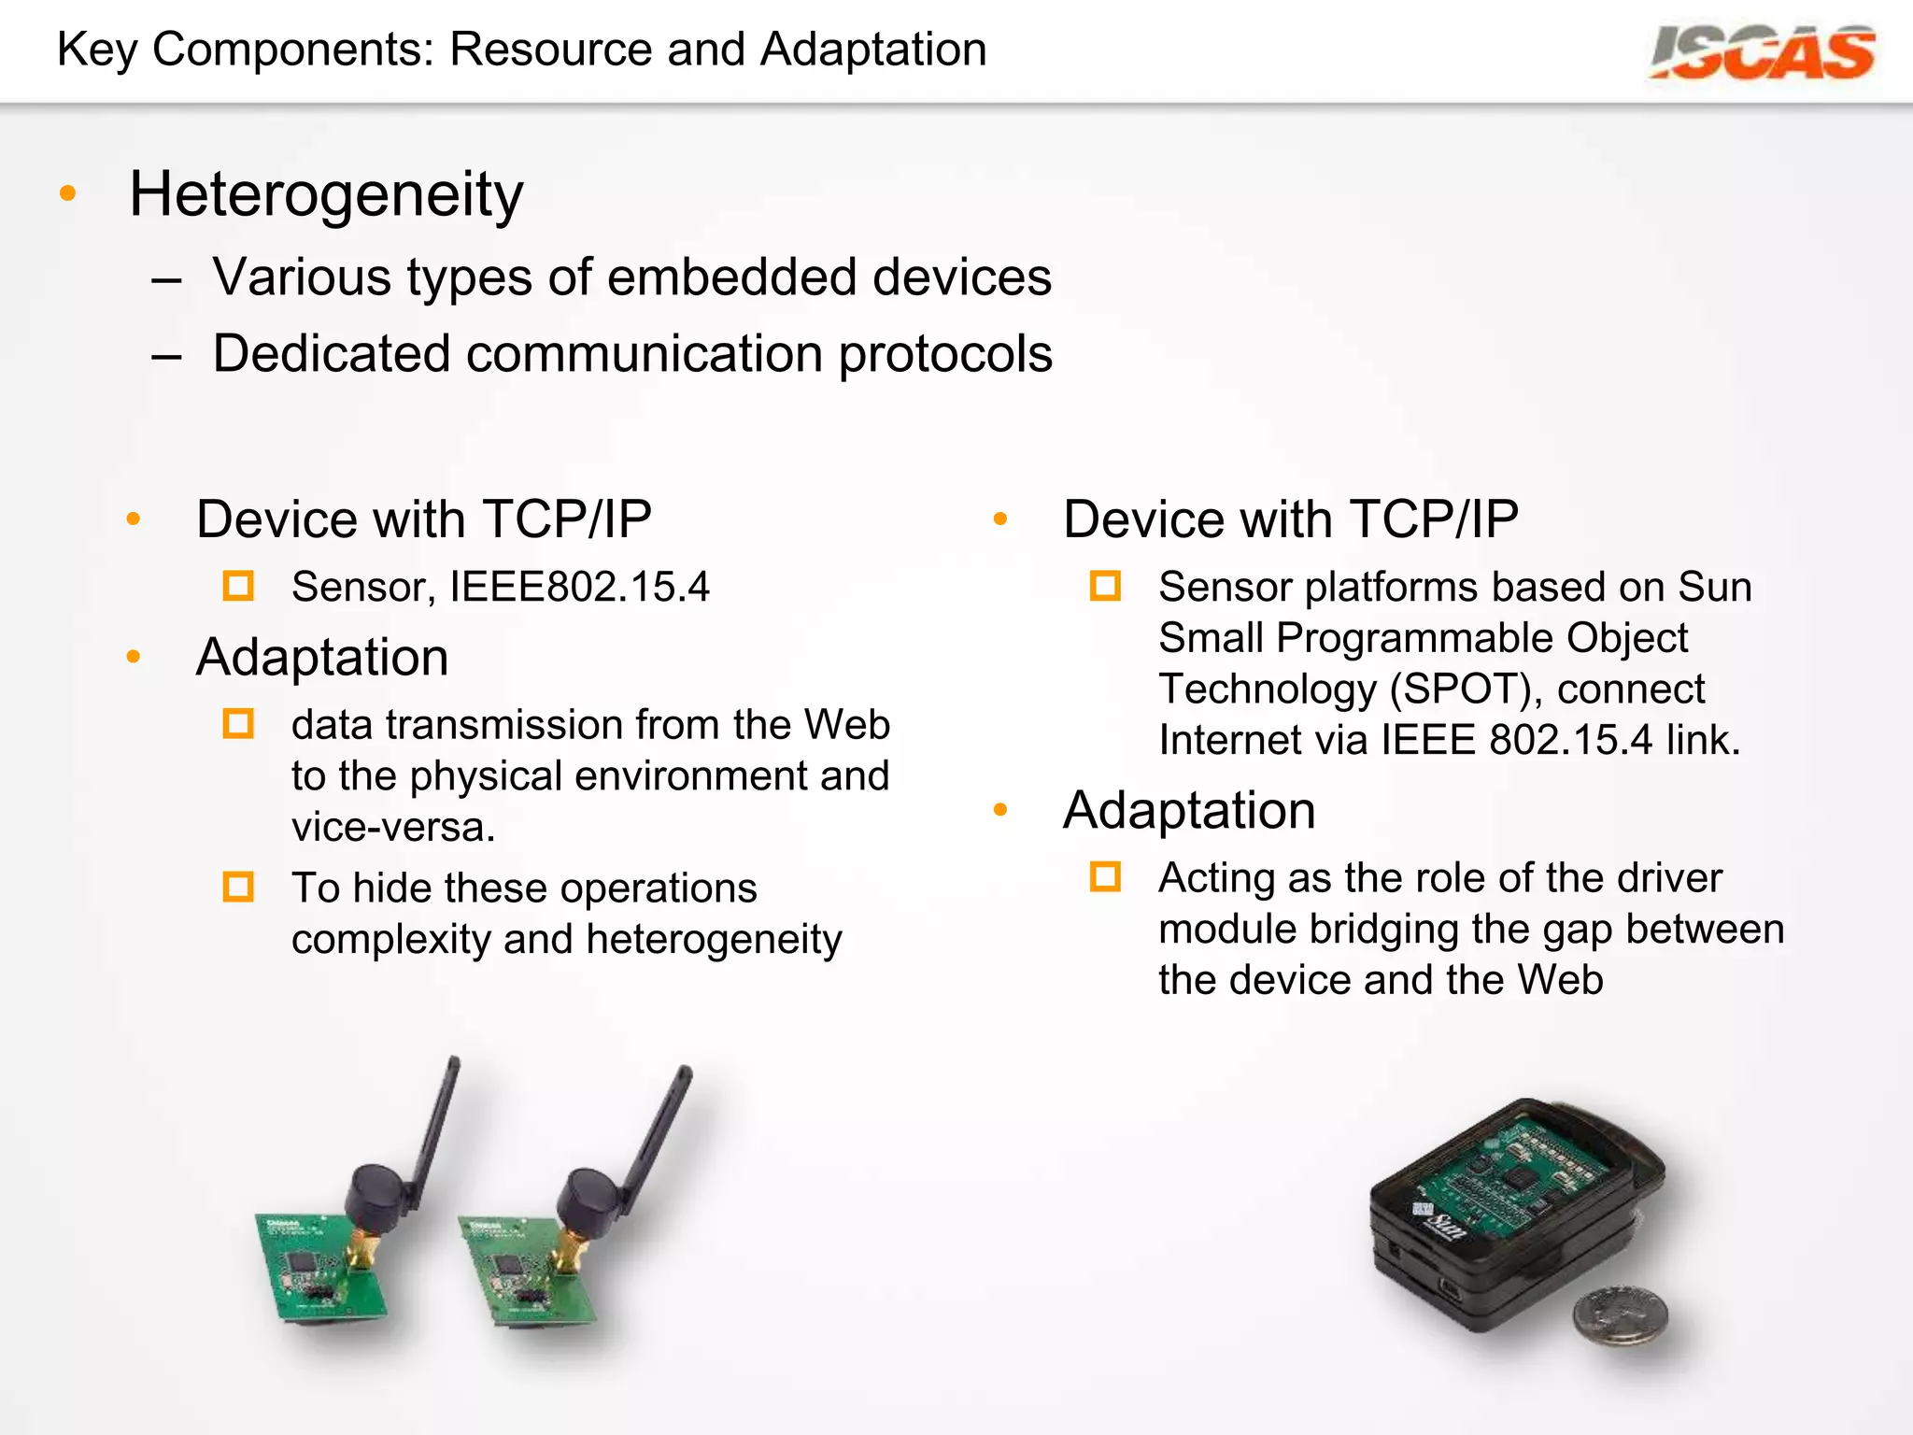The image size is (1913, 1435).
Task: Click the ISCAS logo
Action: tap(1762, 52)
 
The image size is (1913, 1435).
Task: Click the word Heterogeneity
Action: tap(326, 194)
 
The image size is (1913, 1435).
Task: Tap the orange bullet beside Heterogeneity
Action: tap(67, 193)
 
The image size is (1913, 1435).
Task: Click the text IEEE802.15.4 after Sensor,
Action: tap(579, 587)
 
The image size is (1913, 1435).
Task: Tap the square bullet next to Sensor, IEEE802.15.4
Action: tap(238, 586)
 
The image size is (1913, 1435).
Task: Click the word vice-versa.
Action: tap(392, 827)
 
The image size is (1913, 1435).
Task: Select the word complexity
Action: tap(390, 939)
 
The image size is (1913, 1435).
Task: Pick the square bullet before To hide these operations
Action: tap(238, 887)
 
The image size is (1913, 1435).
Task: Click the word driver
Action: tap(1669, 878)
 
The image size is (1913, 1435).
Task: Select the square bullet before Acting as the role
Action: tap(1105, 877)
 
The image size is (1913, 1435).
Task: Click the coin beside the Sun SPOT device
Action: tap(1620, 1314)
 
